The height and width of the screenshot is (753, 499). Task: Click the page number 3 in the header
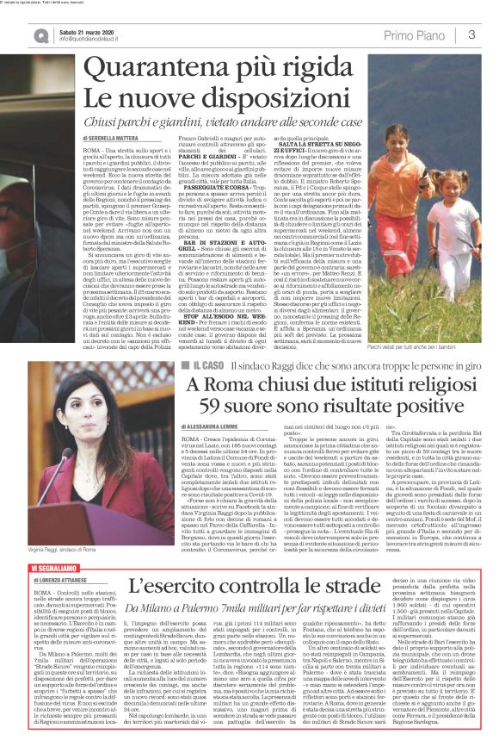click(472, 34)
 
